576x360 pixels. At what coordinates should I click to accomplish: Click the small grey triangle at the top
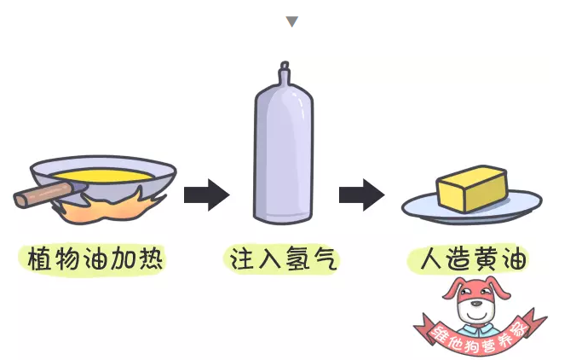click(x=292, y=21)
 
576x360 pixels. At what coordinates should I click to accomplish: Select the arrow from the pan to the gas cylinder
click(x=206, y=195)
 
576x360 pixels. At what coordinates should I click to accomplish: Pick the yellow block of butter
click(x=471, y=189)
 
